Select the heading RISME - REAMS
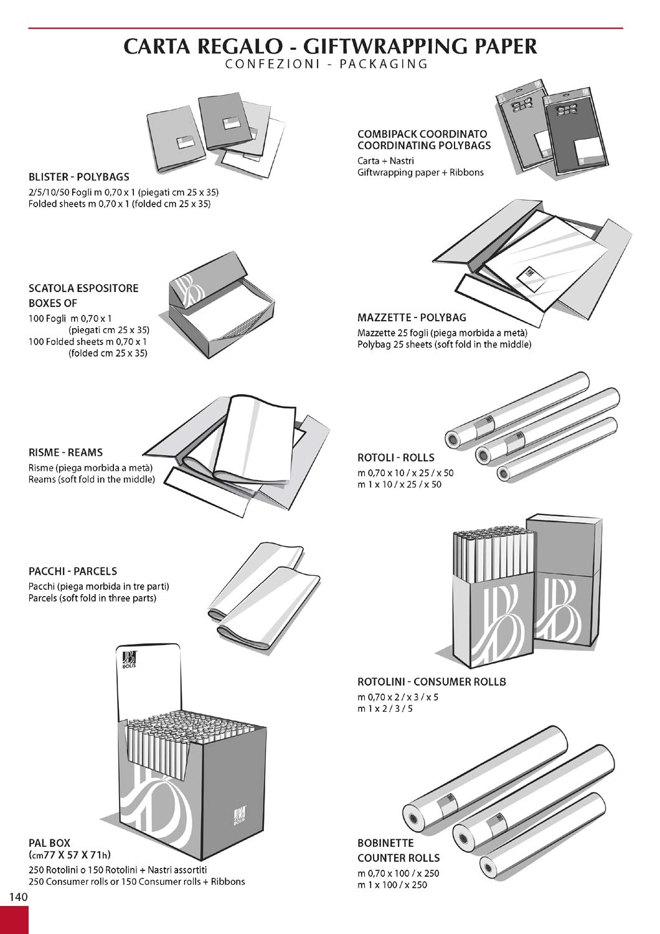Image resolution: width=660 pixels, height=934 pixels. pos(65,453)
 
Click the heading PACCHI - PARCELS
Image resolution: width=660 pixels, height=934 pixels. pos(73,571)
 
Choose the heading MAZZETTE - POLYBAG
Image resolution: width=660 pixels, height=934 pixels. pos(412,318)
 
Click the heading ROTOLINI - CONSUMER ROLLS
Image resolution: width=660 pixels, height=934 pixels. pos(431,682)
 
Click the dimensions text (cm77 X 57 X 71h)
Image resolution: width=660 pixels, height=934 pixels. pos(70,855)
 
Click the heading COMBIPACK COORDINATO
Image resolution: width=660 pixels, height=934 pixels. pos(422,134)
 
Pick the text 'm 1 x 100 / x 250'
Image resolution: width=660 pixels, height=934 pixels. pos(392,885)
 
